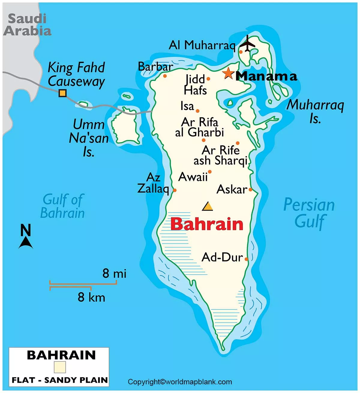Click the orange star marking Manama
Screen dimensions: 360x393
click(x=228, y=73)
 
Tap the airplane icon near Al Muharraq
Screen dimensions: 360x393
click(x=247, y=44)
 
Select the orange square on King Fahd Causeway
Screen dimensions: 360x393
click(x=62, y=93)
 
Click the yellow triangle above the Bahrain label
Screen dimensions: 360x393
click(x=207, y=207)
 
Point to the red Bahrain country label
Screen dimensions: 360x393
click(x=207, y=224)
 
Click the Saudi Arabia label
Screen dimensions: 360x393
click(x=27, y=25)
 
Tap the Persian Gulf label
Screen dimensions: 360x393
click(x=309, y=213)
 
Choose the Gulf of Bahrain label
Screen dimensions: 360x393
click(x=62, y=206)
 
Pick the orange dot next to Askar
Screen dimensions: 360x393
click(x=250, y=189)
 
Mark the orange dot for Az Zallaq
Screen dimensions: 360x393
click(x=175, y=190)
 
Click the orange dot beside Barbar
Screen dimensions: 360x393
click(x=165, y=76)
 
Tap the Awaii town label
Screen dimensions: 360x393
click(x=193, y=177)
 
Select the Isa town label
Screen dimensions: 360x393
click(x=187, y=106)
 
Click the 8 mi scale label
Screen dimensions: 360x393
click(x=114, y=273)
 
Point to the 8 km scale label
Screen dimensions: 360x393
click(x=91, y=297)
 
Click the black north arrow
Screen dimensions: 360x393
click(x=26, y=242)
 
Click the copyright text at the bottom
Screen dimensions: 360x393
click(x=180, y=382)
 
